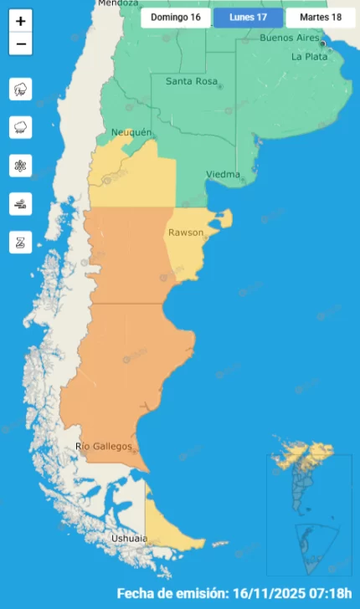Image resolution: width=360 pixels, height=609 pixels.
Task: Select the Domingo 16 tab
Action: click(x=175, y=17)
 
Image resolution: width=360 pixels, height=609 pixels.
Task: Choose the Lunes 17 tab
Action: click(x=248, y=17)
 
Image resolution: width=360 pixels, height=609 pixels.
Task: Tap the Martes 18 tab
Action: click(x=320, y=17)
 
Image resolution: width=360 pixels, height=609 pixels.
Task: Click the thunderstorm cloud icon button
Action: click(x=21, y=89)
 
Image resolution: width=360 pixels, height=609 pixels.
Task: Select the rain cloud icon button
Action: click(x=21, y=127)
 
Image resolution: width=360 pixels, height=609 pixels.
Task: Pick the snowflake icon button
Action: click(x=21, y=166)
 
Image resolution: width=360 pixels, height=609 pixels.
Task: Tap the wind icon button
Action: click(x=21, y=204)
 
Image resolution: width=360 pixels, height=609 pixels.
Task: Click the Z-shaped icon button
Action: click(x=21, y=243)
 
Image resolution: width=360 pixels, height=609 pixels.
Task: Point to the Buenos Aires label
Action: click(x=291, y=38)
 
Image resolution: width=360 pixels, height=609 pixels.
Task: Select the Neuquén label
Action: click(x=131, y=133)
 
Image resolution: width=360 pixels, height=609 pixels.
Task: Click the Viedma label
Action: click(x=222, y=175)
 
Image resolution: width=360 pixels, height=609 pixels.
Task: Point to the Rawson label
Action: click(x=185, y=233)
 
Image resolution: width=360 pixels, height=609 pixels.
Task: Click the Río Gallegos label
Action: click(x=104, y=447)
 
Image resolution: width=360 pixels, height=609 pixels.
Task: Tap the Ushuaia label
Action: click(x=129, y=539)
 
